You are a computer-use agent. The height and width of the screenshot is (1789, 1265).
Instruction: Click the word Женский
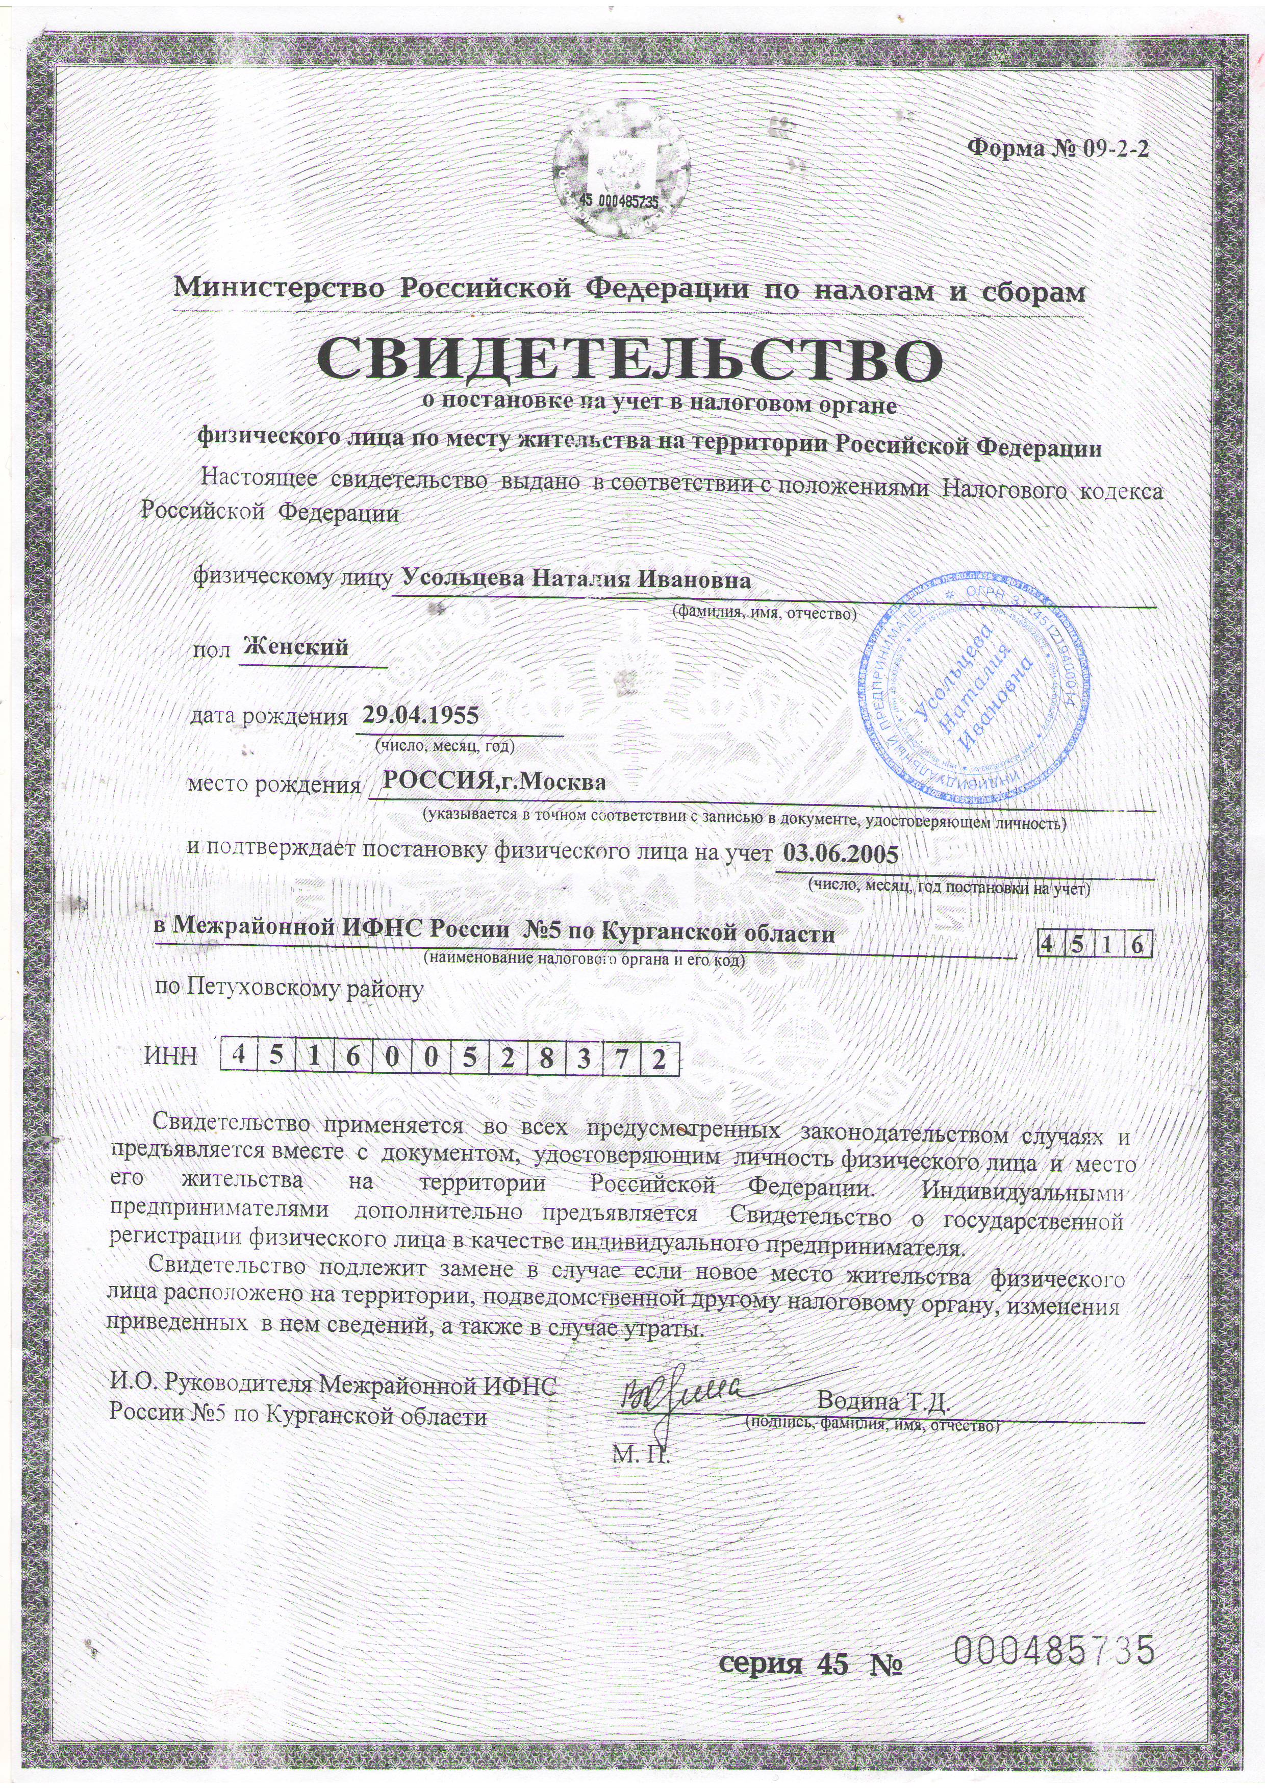point(296,647)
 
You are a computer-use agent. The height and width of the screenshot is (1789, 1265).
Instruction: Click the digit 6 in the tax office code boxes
point(1139,944)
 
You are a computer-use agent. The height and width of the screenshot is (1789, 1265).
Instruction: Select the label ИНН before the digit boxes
point(171,1057)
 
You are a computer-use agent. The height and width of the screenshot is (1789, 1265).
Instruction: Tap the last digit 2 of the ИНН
point(660,1057)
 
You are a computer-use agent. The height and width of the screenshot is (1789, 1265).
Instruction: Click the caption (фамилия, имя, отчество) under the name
point(764,613)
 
